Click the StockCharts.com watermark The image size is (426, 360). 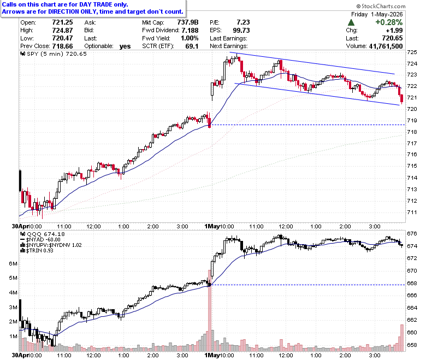[x=381, y=6]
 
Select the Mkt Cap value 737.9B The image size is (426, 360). [x=188, y=22]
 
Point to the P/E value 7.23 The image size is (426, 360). [x=243, y=22]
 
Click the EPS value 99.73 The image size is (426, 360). [x=241, y=30]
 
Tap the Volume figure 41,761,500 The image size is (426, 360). [x=386, y=46]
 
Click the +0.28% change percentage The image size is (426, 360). [x=389, y=22]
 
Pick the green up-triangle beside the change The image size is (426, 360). [x=351, y=22]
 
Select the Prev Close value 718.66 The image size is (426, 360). [x=62, y=46]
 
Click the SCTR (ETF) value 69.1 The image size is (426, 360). [x=192, y=46]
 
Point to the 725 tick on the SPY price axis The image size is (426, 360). [x=412, y=52]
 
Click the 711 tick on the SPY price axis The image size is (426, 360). [x=412, y=212]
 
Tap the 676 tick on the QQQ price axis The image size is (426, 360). [x=412, y=233]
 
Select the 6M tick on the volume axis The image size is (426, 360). [x=13, y=263]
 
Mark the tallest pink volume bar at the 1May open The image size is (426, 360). [x=210, y=310]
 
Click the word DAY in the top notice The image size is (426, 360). [x=86, y=4]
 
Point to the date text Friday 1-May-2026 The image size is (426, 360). [x=377, y=14]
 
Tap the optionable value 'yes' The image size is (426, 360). [x=125, y=46]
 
